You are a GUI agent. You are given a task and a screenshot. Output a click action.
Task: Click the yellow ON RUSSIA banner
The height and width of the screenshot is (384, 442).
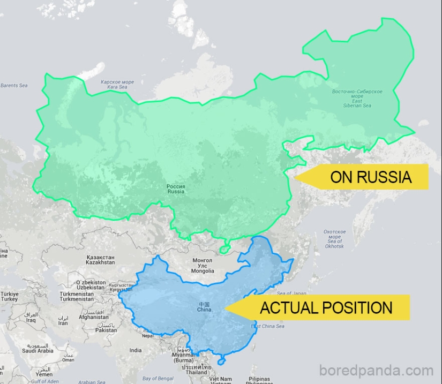(370, 177)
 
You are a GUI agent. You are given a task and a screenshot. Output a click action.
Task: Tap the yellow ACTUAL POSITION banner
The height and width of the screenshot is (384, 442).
(325, 308)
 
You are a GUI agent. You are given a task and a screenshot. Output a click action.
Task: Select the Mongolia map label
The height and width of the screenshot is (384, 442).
(203, 266)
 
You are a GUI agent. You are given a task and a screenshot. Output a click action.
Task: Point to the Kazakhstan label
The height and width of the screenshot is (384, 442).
(100, 260)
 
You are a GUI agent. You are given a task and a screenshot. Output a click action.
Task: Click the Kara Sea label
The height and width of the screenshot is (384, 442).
(117, 85)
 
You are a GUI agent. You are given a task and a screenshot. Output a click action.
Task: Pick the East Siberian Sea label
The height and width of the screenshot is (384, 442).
(357, 99)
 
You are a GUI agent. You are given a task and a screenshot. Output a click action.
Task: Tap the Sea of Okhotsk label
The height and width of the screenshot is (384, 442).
(334, 239)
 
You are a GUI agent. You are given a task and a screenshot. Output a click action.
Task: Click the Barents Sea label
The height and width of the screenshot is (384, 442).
(14, 86)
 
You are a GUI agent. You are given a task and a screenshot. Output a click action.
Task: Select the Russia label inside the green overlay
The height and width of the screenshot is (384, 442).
(176, 189)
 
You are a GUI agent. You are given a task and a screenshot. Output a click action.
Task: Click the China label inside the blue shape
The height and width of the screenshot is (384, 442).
(204, 307)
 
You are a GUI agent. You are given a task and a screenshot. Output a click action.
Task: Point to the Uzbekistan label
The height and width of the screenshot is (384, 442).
(90, 285)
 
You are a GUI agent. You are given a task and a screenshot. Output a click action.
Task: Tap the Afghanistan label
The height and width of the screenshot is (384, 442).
(94, 314)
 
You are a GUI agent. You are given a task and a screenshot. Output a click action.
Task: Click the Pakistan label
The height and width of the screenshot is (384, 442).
(106, 328)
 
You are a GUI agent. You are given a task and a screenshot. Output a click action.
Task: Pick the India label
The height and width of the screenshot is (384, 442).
(136, 350)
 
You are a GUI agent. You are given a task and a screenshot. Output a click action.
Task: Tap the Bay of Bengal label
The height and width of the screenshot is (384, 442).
(158, 379)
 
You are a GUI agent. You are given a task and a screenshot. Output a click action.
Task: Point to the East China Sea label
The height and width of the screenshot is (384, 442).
(268, 326)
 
